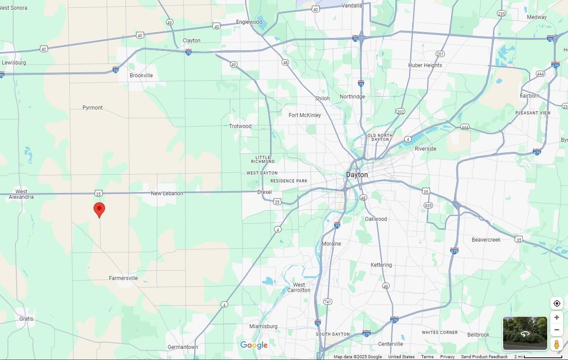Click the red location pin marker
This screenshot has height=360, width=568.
coord(99,209)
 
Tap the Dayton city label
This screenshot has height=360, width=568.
coord(357,175)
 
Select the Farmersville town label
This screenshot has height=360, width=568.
coord(124,278)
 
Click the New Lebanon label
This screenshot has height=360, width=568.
coord(167,193)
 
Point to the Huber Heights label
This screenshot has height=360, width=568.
coord(425,65)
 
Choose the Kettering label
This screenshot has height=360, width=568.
coord(381,265)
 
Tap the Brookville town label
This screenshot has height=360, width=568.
coord(141,76)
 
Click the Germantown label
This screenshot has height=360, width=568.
coord(183,347)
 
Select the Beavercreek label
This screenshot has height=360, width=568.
coord(486,240)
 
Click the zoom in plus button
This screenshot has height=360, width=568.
coord(557,318)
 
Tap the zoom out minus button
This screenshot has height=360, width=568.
coord(557,330)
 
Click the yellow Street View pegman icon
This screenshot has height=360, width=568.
coord(557,344)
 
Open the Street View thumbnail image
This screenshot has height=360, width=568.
coord(525,333)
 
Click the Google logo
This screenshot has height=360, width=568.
coord(254,345)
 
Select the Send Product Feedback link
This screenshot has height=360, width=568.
coord(484,357)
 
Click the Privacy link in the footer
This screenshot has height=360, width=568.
coord(447,357)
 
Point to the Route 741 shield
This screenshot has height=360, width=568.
coord(327,302)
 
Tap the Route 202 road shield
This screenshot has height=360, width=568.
coord(400,111)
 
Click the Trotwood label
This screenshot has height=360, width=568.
coord(240,126)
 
